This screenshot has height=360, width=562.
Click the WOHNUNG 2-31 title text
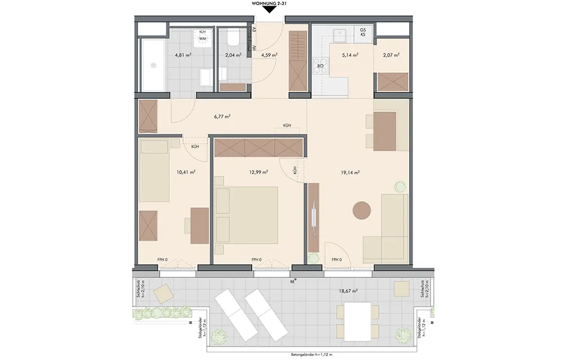click(x=270, y=3)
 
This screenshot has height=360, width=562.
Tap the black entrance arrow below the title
click(x=270, y=10)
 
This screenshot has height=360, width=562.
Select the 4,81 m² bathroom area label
click(x=183, y=55)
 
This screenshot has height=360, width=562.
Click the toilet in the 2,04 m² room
click(x=234, y=38)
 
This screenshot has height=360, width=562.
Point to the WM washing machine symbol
click(x=202, y=38)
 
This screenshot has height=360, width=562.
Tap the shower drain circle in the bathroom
click(x=153, y=65)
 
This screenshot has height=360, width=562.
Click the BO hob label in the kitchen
click(x=320, y=66)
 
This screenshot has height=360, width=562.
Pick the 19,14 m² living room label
click(x=350, y=172)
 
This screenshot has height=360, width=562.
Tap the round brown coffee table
click(x=361, y=210)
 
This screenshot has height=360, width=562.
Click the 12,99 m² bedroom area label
click(x=259, y=172)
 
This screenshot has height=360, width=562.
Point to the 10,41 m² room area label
click(x=185, y=172)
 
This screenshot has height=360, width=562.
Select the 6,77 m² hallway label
click(x=222, y=116)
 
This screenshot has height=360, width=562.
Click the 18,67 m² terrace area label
click(x=348, y=291)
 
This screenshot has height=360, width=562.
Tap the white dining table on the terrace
click(x=357, y=322)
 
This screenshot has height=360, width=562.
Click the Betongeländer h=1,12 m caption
click(x=310, y=354)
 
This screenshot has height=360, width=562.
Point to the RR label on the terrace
click(x=292, y=281)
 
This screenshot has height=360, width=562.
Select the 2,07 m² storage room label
click(x=391, y=55)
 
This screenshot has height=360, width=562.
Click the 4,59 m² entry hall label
click(x=269, y=55)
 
